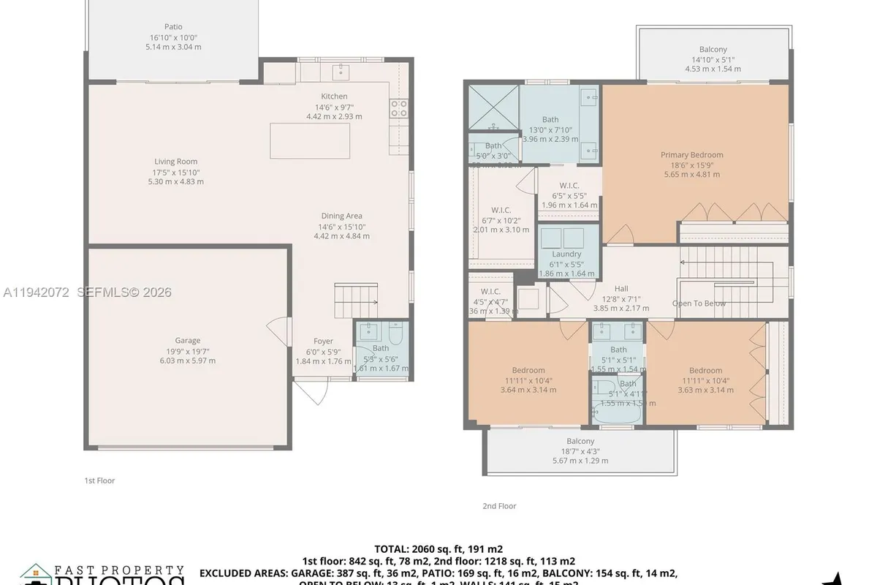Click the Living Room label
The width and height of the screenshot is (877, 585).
coord(175,162)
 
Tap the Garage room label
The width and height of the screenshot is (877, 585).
coord(187,340)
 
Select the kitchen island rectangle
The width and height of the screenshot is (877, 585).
coord(309,140)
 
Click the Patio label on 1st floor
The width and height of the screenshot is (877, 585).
coord(173,27)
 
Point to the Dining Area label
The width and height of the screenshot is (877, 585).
coord(341,216)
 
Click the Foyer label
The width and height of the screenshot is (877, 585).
coord(323,341)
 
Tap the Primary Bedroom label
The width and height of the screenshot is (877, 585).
coord(691,154)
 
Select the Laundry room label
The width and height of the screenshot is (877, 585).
coord(566,254)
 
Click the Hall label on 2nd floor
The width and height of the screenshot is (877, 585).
coord(620,289)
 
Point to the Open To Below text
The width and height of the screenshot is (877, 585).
coord(699,303)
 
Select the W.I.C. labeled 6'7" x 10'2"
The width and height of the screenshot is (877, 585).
coord(501,210)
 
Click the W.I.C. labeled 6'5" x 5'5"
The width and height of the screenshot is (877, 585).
coord(569,186)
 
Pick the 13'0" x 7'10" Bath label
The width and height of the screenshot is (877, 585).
coord(550,119)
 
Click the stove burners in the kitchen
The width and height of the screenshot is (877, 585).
coord(399,108)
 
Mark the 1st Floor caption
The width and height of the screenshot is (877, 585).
coord(99,480)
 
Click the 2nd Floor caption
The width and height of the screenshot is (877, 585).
coord(499,505)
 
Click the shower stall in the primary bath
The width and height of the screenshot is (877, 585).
coord(493,108)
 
